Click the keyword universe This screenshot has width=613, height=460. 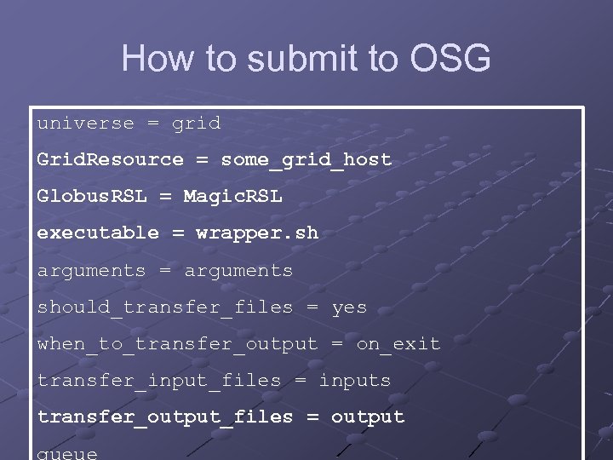[x=85, y=124]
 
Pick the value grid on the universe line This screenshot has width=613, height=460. [x=196, y=124]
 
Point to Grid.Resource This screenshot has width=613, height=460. [x=110, y=160]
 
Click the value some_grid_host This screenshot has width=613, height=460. [x=306, y=160]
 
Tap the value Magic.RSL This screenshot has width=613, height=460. [x=232, y=197]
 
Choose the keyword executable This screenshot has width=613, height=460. [x=97, y=233]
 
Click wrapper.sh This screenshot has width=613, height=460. [x=257, y=233]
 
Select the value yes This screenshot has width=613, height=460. [x=349, y=307]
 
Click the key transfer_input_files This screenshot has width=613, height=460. [x=158, y=381]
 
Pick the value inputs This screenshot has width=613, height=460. [x=355, y=381]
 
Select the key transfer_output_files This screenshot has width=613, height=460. [x=164, y=417]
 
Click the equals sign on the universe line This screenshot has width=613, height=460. [x=152, y=124]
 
